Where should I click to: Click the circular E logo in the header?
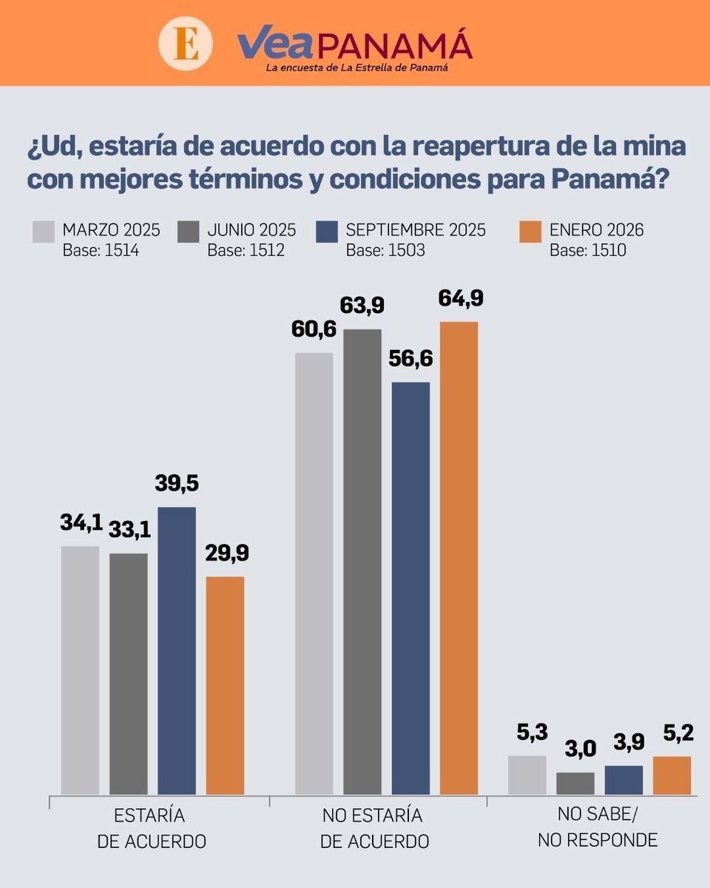[186, 43]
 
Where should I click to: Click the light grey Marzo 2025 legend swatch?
[44, 231]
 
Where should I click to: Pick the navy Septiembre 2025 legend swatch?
[327, 231]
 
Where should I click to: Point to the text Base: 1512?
[246, 250]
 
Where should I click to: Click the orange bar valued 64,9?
[459, 558]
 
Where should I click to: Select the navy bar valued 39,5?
[177, 650]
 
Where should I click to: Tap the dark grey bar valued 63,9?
[362, 562]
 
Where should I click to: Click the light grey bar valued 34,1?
[80, 670]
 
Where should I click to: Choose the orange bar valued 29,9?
[225, 685]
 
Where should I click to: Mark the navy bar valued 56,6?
[410, 588]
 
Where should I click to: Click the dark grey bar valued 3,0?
[575, 783]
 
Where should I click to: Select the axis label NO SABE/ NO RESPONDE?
[598, 828]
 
